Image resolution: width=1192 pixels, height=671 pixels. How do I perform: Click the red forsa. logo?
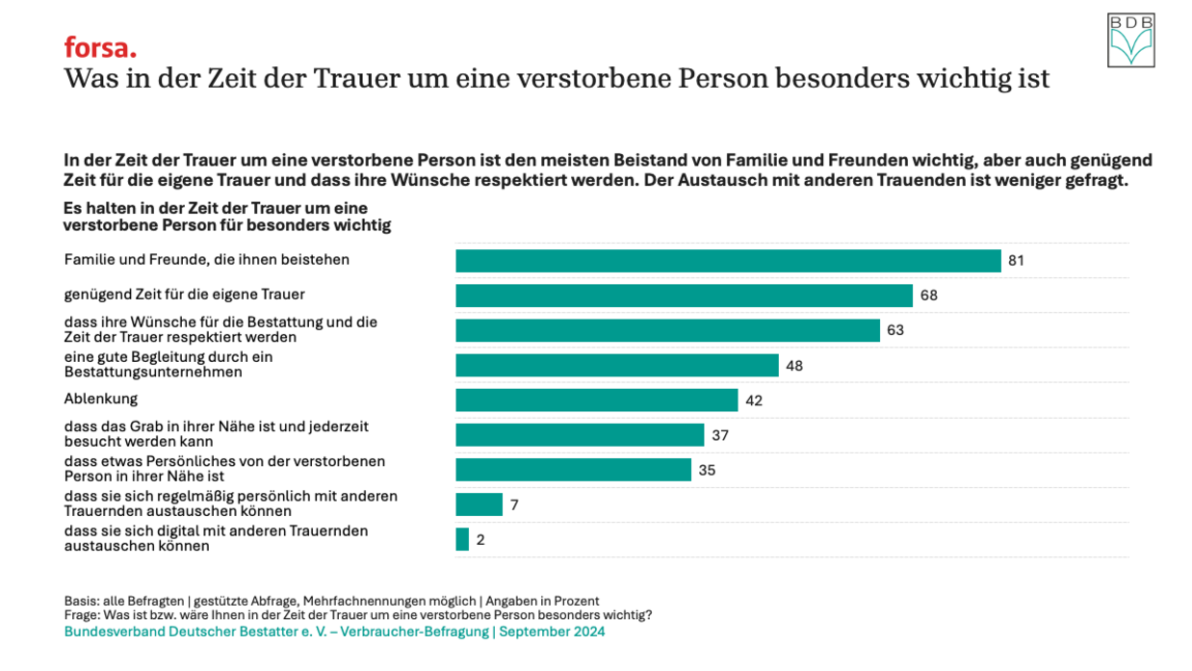[x=100, y=47]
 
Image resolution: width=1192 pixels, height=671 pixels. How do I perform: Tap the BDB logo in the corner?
[x=1130, y=40]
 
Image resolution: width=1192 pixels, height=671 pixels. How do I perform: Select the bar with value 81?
[x=728, y=261]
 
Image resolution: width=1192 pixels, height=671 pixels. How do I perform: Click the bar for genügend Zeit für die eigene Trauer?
[x=684, y=296]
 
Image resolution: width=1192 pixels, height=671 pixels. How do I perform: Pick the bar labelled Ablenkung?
[x=596, y=400]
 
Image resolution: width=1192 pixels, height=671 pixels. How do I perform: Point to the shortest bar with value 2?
[x=462, y=540]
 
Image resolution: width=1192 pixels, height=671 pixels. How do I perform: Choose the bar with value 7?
[x=479, y=504]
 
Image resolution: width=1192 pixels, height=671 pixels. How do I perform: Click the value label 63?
[x=896, y=330]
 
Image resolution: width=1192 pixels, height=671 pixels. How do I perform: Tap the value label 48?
[x=794, y=366]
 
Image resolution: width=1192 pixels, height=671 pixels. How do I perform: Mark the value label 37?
[x=720, y=435]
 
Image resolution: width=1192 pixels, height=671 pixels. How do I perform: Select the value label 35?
[x=707, y=471]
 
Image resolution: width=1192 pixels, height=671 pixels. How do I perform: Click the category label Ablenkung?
[x=101, y=399]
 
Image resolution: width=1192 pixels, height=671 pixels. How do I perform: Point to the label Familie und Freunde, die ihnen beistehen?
[x=206, y=260]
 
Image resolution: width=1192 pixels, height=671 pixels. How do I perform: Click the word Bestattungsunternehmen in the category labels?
[x=153, y=372]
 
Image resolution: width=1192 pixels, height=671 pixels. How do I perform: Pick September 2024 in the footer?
[x=552, y=632]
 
